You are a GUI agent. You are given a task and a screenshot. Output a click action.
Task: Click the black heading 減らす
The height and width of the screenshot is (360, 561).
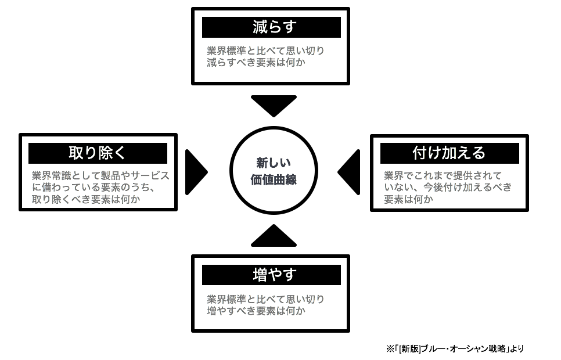coord(271,27)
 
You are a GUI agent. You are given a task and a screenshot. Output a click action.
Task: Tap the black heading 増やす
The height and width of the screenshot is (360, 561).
coord(271,275)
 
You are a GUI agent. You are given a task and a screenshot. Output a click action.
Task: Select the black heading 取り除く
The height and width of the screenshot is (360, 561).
coord(98,153)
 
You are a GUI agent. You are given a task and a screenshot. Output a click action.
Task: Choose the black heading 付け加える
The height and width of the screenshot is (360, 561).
coord(449,153)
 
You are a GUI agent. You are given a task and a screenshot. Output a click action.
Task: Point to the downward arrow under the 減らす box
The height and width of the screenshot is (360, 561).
coord(274,105)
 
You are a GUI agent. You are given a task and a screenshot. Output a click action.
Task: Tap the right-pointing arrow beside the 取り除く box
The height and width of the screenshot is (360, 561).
coord(195,172)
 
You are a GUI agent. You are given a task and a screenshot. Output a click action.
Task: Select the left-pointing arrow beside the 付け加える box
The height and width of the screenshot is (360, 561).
coord(350,172)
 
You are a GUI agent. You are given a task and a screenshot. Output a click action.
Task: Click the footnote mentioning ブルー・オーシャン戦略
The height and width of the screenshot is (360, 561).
coord(455,348)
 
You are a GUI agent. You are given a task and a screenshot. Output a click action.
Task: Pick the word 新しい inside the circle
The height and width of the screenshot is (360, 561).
coord(274,163)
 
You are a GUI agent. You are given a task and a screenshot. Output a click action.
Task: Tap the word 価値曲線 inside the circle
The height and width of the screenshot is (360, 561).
coord(274,180)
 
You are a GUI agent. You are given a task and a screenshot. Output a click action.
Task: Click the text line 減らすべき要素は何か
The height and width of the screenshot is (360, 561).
coord(256,62)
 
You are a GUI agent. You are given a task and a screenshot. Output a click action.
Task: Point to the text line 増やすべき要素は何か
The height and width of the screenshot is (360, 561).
coord(256,311)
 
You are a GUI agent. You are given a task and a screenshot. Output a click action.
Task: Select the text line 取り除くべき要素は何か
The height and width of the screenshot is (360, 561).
coord(87,199)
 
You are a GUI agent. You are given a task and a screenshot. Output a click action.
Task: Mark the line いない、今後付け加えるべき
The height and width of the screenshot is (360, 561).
coord(448,188)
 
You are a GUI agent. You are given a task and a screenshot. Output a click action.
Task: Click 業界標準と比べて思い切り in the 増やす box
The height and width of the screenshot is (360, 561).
coord(265,299)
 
